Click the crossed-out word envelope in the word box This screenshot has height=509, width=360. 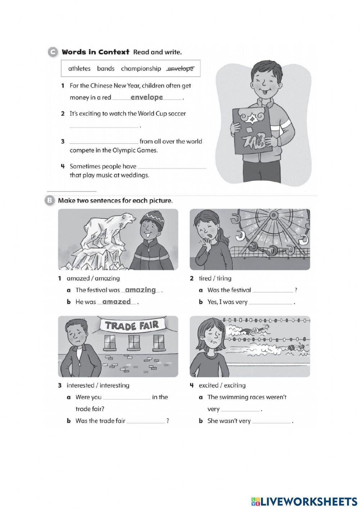(180, 68)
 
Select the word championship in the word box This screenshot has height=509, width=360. (141, 68)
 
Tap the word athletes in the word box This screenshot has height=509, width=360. (79, 68)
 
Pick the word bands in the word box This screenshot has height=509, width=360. (105, 68)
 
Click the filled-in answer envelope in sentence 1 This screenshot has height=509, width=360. (147, 97)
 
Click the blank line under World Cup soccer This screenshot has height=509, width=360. (104, 126)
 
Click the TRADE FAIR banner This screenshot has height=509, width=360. (132, 325)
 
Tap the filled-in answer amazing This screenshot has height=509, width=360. (140, 290)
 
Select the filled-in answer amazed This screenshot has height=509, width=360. (116, 302)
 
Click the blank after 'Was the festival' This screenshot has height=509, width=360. (273, 290)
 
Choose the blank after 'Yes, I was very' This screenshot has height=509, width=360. (270, 302)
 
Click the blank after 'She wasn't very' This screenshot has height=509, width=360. (271, 421)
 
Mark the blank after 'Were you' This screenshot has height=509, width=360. (126, 397)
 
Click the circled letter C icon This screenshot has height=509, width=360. (53, 52)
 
